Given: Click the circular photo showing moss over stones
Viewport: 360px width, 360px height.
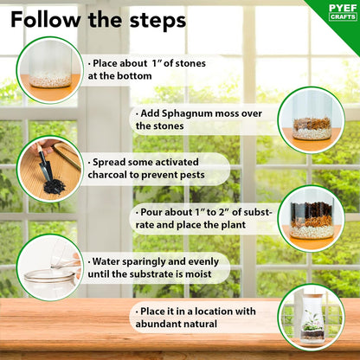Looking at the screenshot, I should pyautogui.click(x=310, y=119).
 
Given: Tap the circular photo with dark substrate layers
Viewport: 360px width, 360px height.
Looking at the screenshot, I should pyautogui.click(x=310, y=217).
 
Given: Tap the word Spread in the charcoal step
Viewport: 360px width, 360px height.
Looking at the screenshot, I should pyautogui.click(x=112, y=162).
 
